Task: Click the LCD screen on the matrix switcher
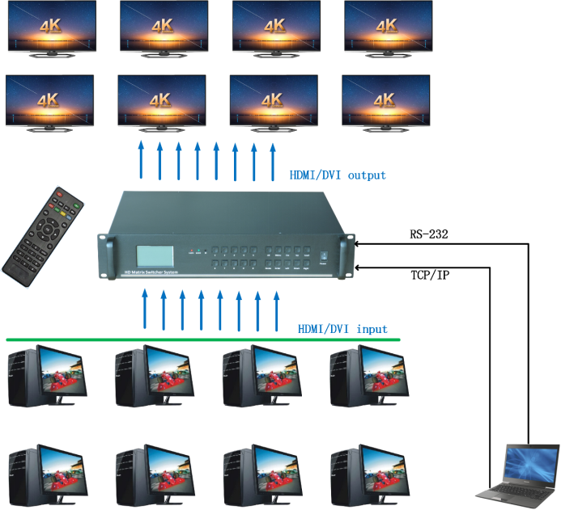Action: [x=156, y=255]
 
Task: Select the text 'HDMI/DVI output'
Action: [x=338, y=175]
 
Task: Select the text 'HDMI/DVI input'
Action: [x=342, y=329]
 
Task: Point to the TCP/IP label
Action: [x=430, y=275]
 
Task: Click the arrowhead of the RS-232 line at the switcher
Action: [x=359, y=242]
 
